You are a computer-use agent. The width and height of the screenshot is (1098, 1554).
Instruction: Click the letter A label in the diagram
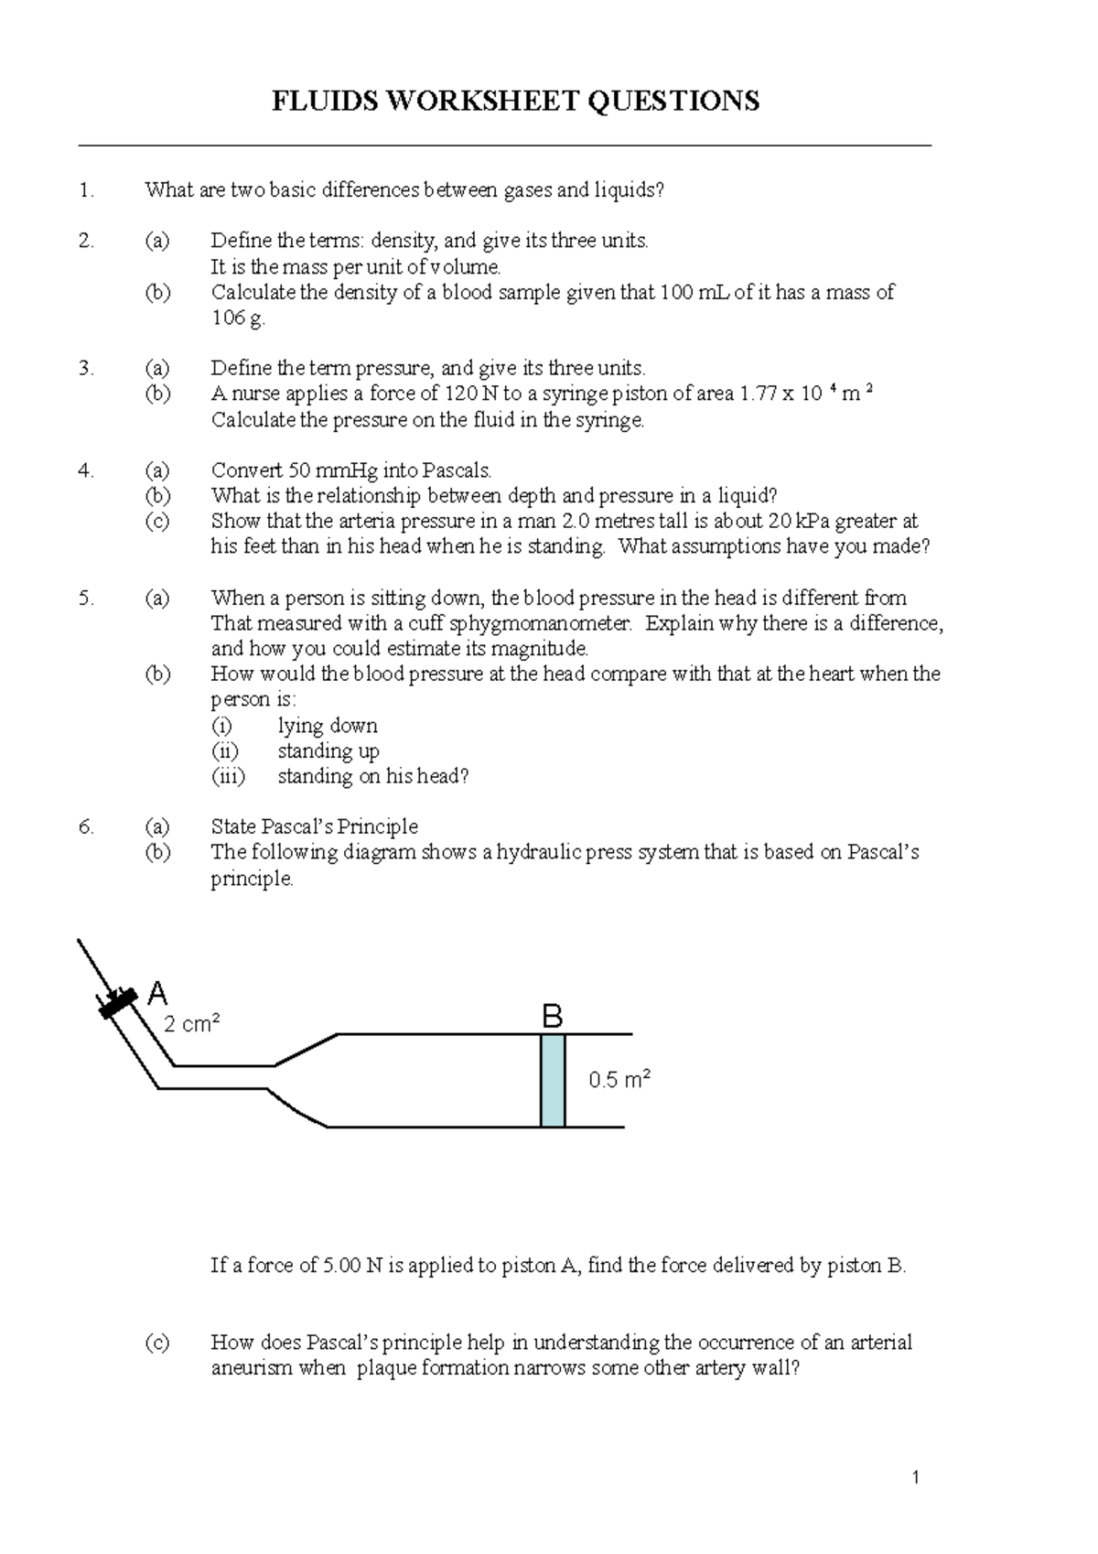pyautogui.click(x=157, y=993)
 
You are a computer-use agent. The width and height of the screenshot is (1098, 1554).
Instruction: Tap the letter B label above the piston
pyautogui.click(x=552, y=1016)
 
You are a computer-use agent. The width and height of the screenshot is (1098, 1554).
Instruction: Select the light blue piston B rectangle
pyautogui.click(x=553, y=1081)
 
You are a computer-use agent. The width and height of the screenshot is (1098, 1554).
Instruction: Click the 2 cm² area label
pyautogui.click(x=191, y=1024)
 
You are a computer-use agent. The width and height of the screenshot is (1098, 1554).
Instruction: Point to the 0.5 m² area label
pyautogui.click(x=619, y=1080)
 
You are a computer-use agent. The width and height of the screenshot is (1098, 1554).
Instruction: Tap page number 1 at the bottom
pyautogui.click(x=915, y=1477)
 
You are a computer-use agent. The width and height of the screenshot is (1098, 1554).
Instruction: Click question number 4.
pyautogui.click(x=86, y=470)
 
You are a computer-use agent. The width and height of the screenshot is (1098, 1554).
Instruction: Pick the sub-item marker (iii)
pyautogui.click(x=228, y=776)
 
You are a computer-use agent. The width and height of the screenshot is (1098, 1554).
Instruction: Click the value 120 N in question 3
pyautogui.click(x=469, y=394)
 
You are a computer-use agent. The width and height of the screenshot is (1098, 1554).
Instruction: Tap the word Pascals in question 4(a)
pyautogui.click(x=457, y=470)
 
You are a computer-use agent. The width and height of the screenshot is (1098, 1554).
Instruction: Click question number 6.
pyautogui.click(x=86, y=826)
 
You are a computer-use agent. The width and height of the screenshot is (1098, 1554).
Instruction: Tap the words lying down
pyautogui.click(x=328, y=726)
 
